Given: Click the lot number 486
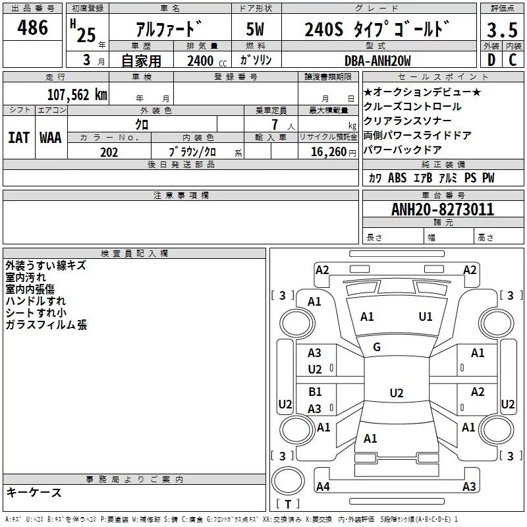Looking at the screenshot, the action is click(32, 28).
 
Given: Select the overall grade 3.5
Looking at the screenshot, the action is click(502, 30).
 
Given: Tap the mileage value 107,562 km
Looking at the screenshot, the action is click(77, 95).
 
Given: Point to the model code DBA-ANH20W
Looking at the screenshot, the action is click(377, 61).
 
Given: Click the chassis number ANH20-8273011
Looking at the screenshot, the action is click(443, 209).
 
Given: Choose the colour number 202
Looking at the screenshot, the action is click(109, 152).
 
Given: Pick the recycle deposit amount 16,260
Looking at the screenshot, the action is click(329, 152).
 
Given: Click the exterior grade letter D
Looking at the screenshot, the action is click(491, 60).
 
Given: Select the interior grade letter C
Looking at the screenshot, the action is click(513, 60).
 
